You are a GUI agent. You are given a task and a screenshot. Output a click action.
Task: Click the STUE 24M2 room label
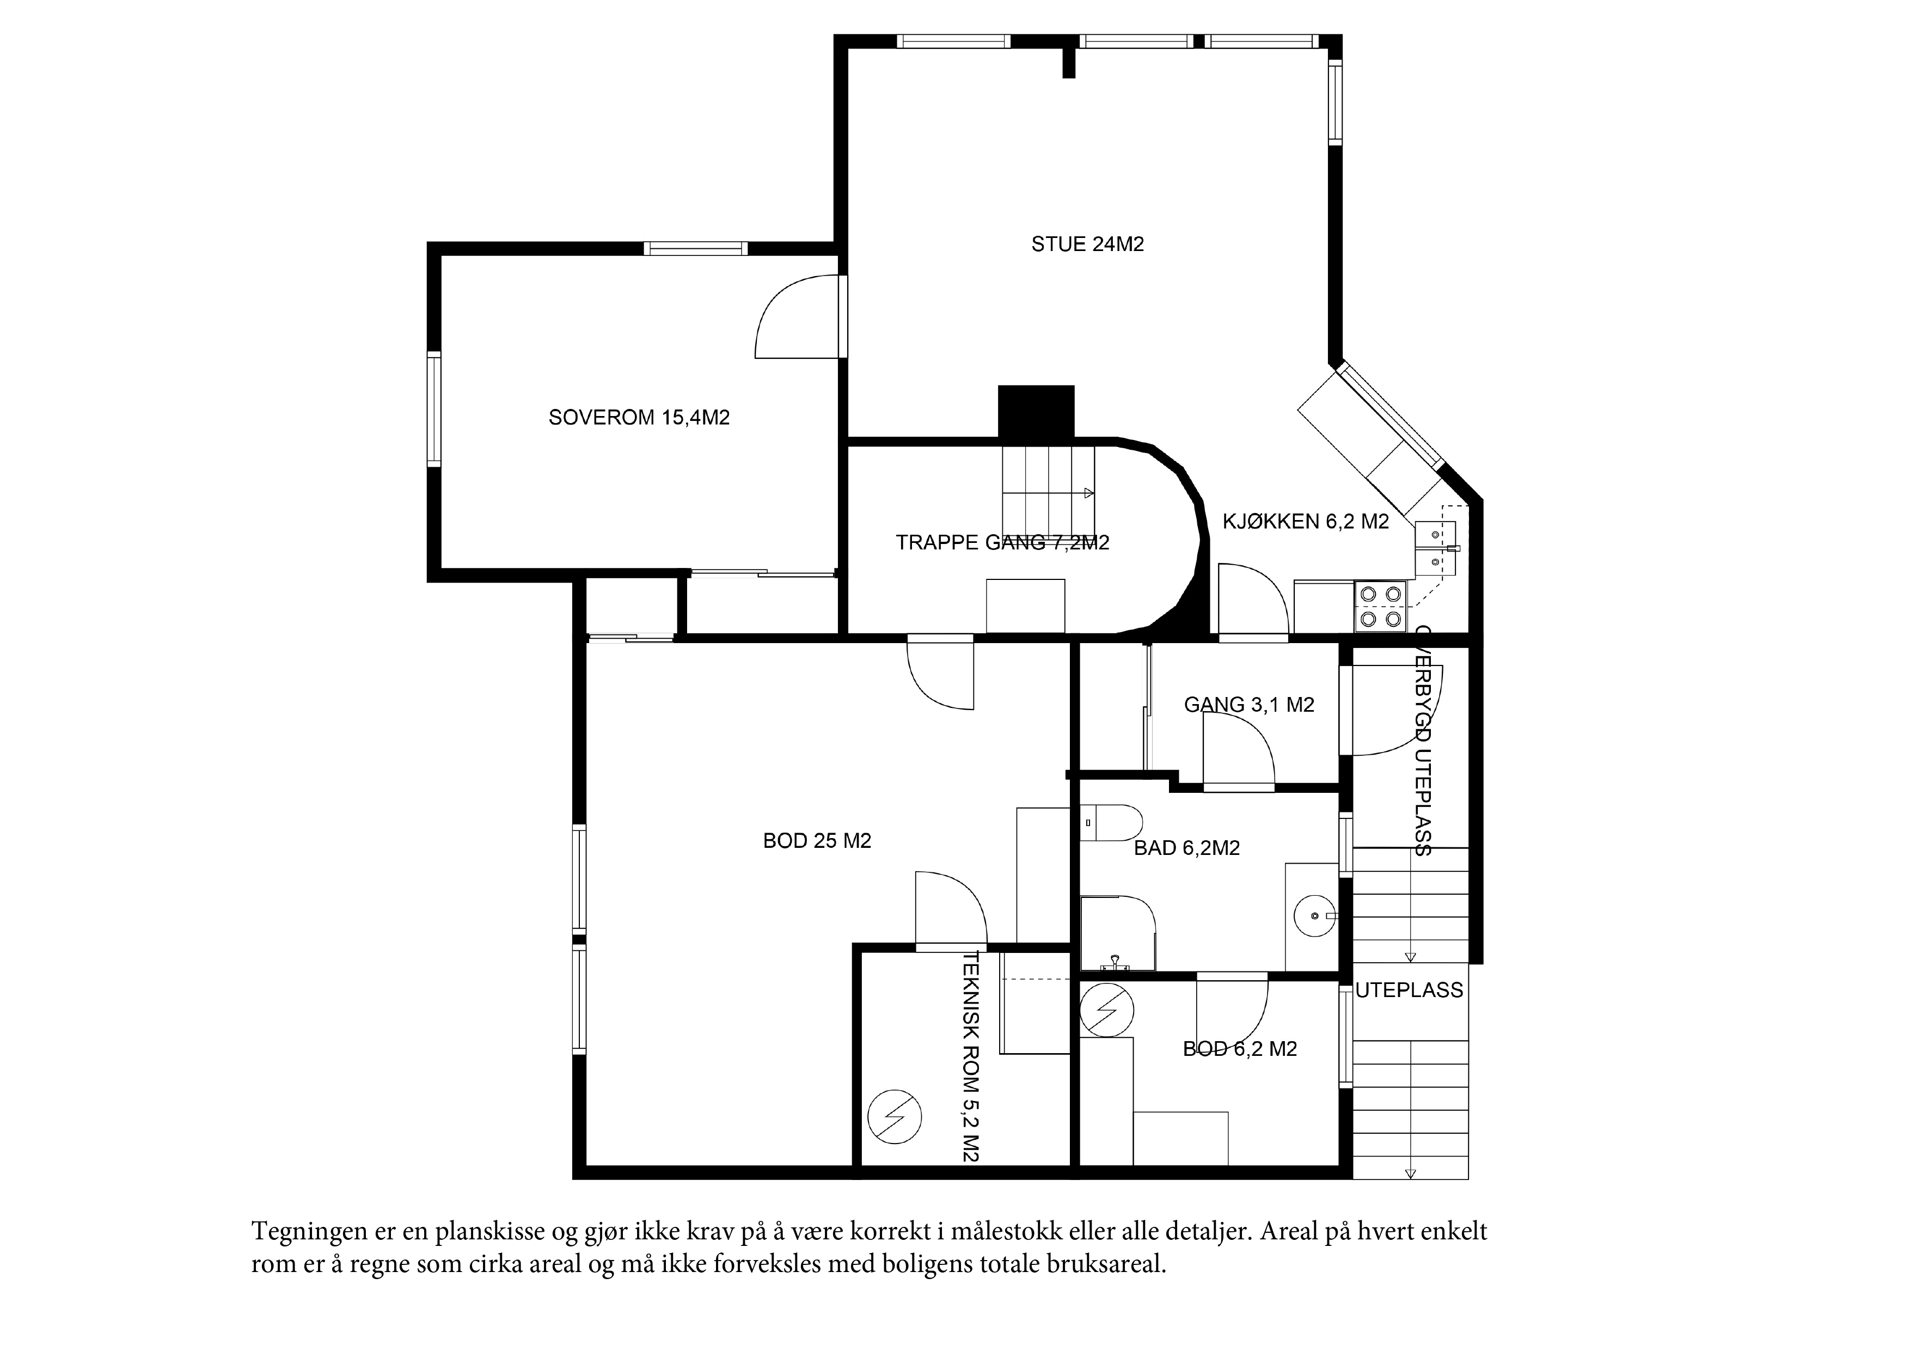tap(1087, 244)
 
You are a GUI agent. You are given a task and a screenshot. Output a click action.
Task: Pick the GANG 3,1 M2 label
tap(1248, 705)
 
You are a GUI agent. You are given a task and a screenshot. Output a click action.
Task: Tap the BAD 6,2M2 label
tap(1187, 848)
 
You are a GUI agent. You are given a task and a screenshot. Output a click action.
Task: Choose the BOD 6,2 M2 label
tap(1240, 1049)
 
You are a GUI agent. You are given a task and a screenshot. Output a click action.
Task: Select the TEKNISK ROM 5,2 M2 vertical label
tap(971, 1056)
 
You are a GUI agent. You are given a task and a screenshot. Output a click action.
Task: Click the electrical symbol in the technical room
tap(894, 1116)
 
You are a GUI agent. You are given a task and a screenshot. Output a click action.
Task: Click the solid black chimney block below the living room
tap(1036, 412)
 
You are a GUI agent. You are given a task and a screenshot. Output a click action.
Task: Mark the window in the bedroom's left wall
tap(433, 409)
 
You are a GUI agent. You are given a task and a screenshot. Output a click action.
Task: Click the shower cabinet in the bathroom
tap(1118, 933)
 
